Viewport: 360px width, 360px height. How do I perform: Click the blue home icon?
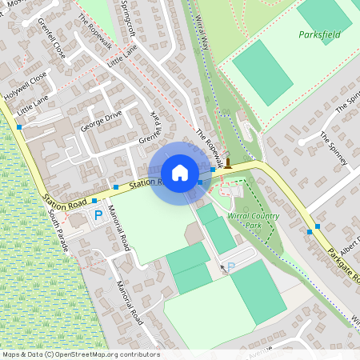[x=179, y=173]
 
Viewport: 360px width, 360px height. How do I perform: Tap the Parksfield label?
[x=319, y=35]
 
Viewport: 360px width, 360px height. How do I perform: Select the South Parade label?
[x=56, y=233]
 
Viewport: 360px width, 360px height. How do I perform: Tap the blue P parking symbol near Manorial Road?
[x=99, y=214]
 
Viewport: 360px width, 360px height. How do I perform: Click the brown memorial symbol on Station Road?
[x=228, y=164]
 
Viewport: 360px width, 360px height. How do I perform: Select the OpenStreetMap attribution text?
[x=80, y=354]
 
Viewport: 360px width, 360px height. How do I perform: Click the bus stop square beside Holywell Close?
[x=19, y=126]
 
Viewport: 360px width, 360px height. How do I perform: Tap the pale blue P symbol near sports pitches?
[x=231, y=266]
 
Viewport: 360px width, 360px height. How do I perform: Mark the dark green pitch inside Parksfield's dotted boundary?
[x=263, y=72]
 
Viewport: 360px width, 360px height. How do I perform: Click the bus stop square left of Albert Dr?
[x=310, y=232]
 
